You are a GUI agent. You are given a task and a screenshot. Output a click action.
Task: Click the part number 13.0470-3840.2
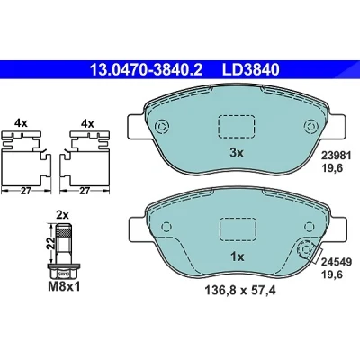tap(147, 69)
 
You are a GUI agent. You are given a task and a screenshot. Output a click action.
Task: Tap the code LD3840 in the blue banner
tap(250, 69)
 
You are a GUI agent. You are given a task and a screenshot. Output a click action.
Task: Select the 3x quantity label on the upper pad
tap(237, 153)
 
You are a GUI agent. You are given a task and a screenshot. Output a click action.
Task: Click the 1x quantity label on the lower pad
tap(237, 256)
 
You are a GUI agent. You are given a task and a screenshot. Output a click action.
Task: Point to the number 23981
tap(336, 156)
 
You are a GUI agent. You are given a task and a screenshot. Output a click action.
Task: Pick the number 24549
tap(337, 262)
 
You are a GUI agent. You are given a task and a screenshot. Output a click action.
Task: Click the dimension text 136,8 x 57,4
tap(240, 290)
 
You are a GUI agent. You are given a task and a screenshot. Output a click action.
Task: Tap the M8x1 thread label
tap(64, 287)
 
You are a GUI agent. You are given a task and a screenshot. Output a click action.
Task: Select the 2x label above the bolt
tap(63, 215)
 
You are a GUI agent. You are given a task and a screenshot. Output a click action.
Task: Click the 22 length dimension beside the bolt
tap(51, 243)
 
